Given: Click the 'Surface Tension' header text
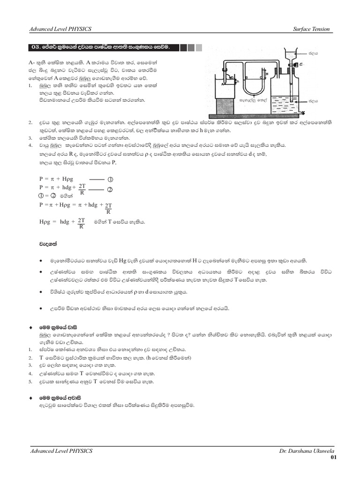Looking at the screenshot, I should coord(311,29).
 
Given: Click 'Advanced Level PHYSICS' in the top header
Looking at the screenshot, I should coord(61,29).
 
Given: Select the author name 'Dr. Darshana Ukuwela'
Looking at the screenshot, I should coord(304,450).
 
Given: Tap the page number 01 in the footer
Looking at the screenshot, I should coord(333,457).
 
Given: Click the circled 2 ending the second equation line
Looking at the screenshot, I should coord(111,189).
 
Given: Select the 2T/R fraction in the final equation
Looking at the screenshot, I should coord(81,223).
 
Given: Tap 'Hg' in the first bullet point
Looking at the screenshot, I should coord(123,261).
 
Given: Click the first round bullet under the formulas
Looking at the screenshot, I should coord(41,261).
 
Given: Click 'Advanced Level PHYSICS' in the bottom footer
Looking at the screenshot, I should coord(61,450).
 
